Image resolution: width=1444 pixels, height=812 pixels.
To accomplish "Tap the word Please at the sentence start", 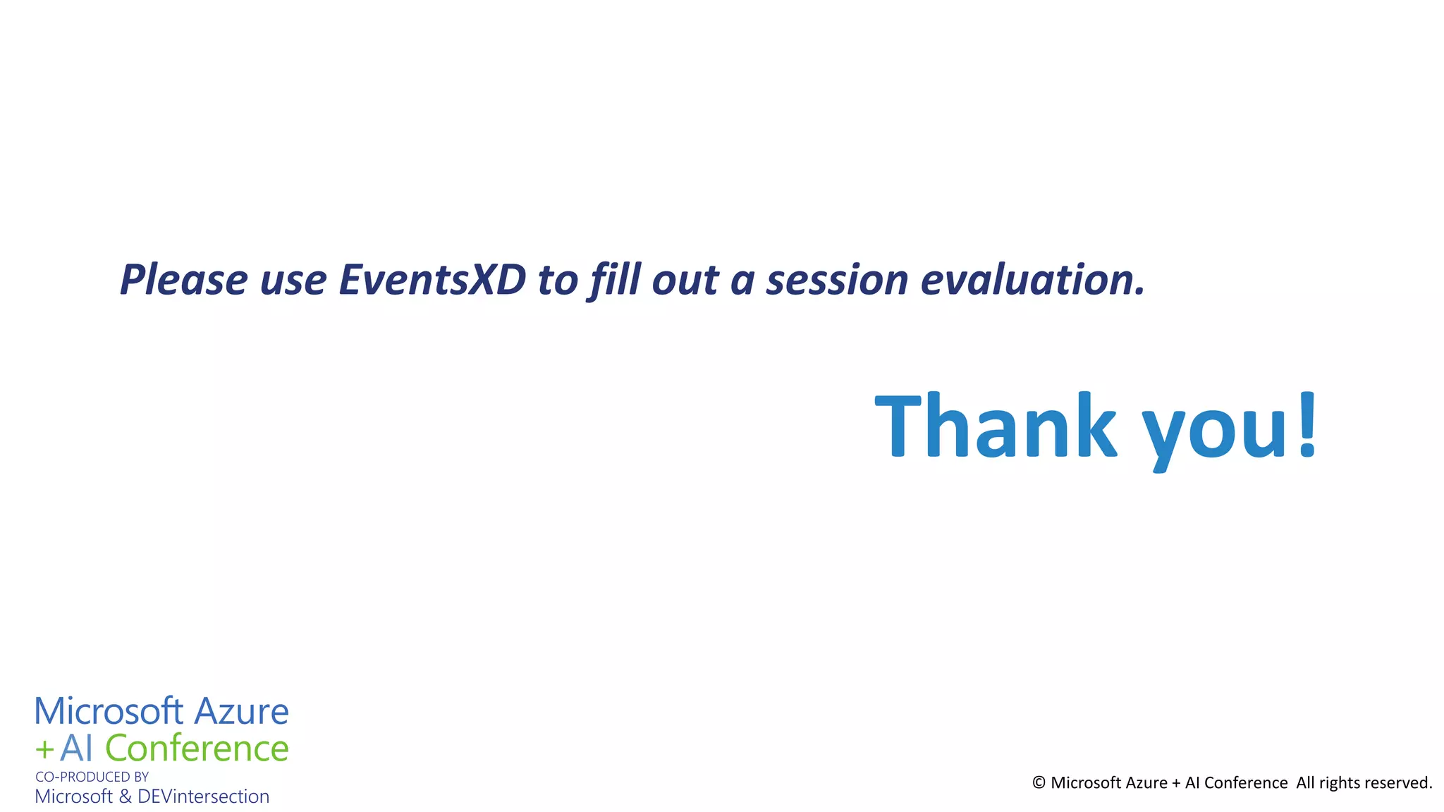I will pos(183,279).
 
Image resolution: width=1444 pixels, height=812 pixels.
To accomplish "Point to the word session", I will pos(837,279).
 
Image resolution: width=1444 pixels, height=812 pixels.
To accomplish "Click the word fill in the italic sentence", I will pos(615,279).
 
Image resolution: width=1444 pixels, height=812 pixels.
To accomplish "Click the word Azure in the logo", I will pos(241,712).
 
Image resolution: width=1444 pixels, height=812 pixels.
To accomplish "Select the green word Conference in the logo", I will pos(197,749).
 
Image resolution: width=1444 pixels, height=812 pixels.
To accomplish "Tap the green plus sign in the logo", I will pos(44,750).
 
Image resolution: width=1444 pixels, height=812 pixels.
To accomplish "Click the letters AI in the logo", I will pos(76,749).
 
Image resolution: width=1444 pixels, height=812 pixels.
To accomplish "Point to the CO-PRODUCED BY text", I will pos(92,777).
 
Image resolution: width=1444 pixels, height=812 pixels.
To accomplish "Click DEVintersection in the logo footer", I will pos(203,796).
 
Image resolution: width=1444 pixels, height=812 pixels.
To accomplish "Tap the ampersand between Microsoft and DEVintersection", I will pos(125,796).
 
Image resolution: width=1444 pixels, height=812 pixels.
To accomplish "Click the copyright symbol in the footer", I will pos(1039,783).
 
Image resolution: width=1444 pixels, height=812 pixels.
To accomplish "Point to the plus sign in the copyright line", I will pos(1175,783).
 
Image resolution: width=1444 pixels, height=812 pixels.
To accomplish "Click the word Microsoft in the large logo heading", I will pos(109,712).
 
